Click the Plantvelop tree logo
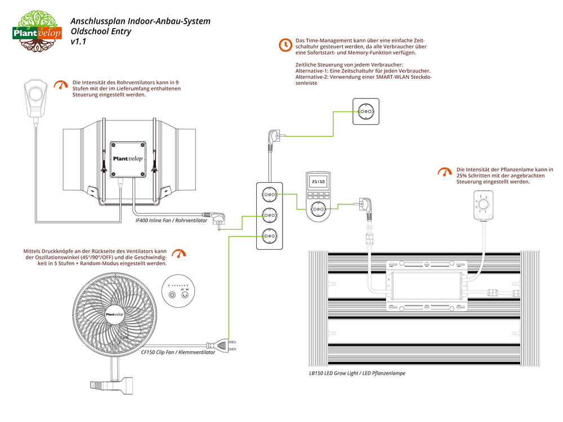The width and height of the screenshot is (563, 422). click(x=38, y=30)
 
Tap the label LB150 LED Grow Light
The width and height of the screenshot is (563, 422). click(x=357, y=373)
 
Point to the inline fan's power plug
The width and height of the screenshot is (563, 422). click(x=217, y=217)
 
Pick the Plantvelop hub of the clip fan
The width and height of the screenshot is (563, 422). click(x=114, y=315)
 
